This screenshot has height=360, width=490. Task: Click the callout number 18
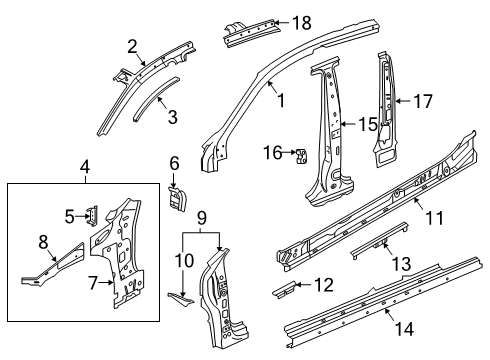(x=302, y=23)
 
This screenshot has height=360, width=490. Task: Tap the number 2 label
(x=132, y=47)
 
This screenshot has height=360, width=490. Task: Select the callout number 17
(x=423, y=101)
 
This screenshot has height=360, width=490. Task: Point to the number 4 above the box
(x=85, y=167)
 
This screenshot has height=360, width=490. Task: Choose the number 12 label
(x=324, y=285)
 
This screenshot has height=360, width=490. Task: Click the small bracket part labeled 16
(x=301, y=156)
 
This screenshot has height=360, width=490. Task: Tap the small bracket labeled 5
(x=92, y=216)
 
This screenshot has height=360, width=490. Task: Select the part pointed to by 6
(x=177, y=199)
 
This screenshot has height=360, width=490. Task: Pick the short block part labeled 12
(x=283, y=289)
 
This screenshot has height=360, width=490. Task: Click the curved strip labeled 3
(x=156, y=99)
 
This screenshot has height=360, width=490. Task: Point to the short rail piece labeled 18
(x=251, y=33)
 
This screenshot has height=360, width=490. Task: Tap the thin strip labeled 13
(x=379, y=240)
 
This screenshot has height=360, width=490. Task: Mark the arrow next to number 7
(x=106, y=283)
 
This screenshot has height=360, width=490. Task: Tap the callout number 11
(x=434, y=218)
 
